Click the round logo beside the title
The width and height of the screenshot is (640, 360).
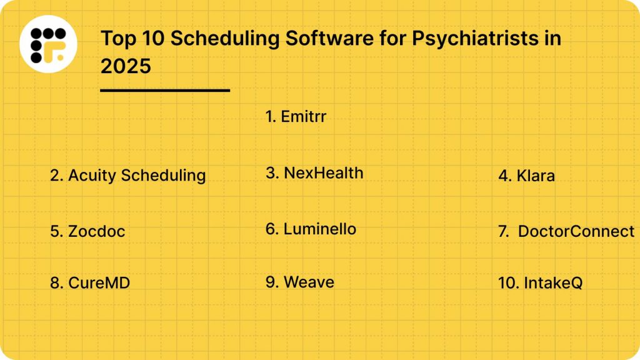click(48, 44)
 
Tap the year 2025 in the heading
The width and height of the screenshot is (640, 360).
click(126, 66)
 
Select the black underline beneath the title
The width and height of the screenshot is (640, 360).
click(165, 91)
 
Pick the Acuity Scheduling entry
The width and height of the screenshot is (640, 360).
click(127, 176)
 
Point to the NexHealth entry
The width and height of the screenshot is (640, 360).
click(314, 173)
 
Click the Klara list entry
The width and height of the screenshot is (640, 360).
click(526, 176)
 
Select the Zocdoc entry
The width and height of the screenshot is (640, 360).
click(87, 231)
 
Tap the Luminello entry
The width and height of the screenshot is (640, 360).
click(311, 229)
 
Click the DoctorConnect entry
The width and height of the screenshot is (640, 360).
click(566, 231)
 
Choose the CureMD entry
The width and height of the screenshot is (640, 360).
click(90, 283)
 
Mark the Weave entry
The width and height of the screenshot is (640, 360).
click(299, 282)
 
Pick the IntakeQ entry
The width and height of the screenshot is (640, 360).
click(540, 283)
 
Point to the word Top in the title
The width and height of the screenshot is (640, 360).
click(117, 39)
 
